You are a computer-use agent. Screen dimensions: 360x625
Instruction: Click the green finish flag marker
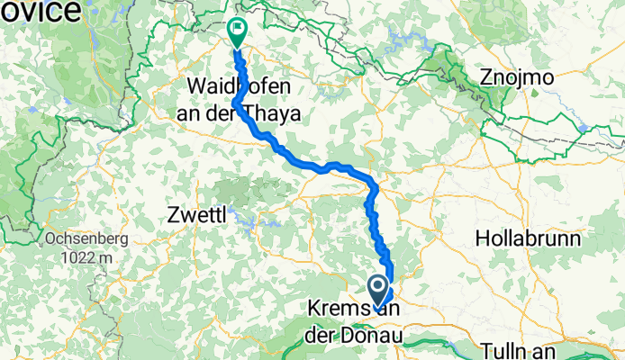tap(237, 31)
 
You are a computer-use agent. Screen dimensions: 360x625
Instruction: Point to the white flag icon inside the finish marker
tap(237, 29)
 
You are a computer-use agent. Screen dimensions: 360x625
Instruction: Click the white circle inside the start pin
tap(378, 287)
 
